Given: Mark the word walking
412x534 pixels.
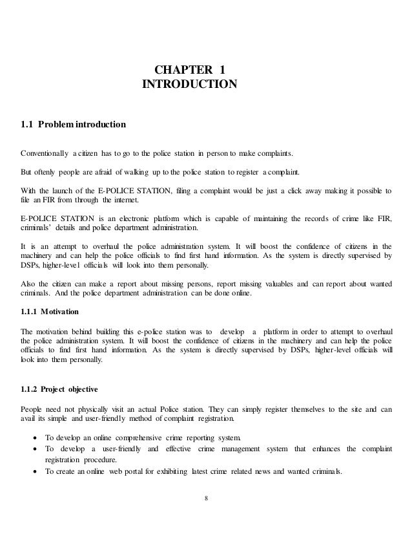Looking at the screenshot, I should point(145,174).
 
